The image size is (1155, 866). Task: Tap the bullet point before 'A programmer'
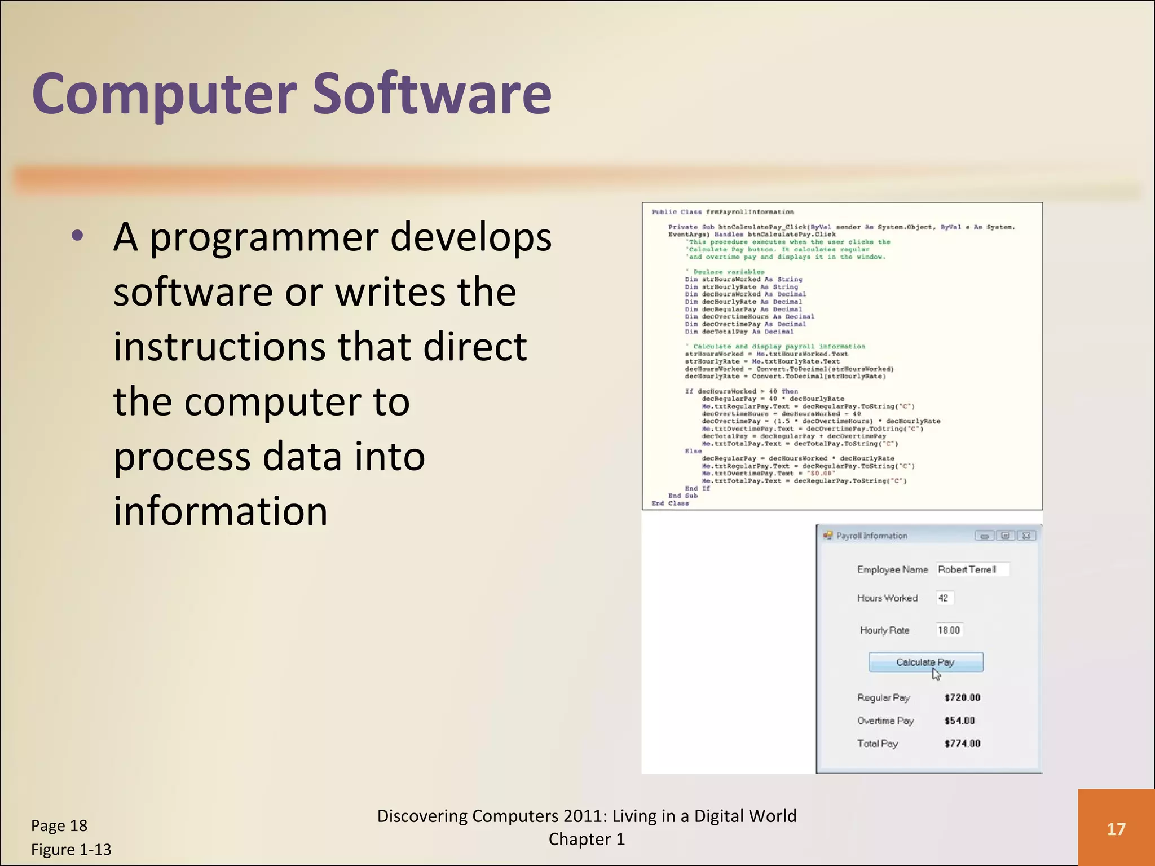pos(77,236)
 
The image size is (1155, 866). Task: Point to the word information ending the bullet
pos(220,511)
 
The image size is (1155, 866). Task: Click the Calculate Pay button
pos(925,662)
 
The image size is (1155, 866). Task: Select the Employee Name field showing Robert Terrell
pos(972,569)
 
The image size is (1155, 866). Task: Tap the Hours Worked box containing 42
pos(944,598)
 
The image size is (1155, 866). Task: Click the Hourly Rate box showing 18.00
pos(949,630)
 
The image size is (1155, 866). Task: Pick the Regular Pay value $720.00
pos(962,697)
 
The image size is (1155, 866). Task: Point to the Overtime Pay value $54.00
pos(959,721)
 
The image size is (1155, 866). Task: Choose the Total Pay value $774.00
pos(962,744)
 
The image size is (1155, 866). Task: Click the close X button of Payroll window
pos(1026,536)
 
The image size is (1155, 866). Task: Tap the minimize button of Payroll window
pos(984,536)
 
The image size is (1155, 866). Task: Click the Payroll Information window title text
pos(871,536)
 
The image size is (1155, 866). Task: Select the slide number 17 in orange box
pos(1116,829)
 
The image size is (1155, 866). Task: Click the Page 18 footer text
pos(59,825)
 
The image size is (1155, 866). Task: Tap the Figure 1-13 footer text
pos(71,849)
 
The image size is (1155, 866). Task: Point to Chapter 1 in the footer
pos(587,840)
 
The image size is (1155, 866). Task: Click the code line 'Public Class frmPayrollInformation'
pos(722,212)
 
